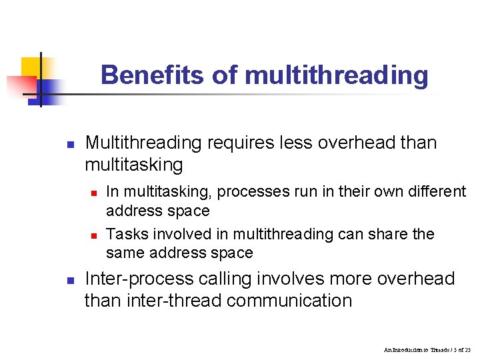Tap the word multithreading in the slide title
[336, 75]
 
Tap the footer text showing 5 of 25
[458, 349]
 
